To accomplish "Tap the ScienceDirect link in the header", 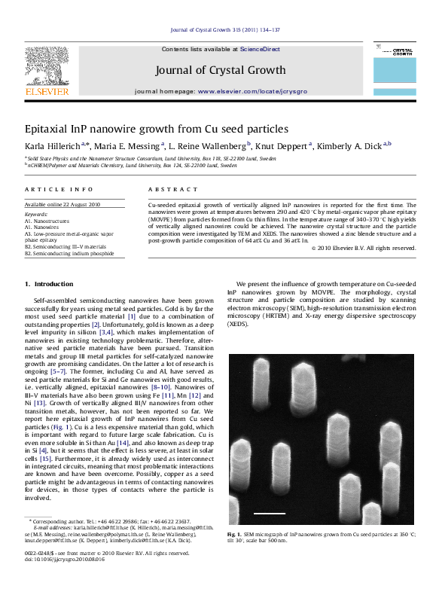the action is pos(260,49).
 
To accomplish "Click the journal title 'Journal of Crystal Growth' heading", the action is pos(220,70).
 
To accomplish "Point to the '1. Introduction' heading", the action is pos(50,284).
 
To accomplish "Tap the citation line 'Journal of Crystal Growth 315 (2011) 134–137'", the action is pos(225,29).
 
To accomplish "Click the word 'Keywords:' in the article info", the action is pos(36,215).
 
